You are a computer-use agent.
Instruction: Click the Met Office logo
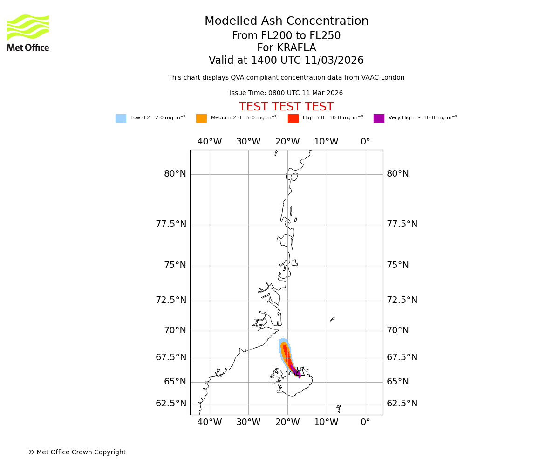pos(28,33)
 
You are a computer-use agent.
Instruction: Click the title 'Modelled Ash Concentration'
pos(286,21)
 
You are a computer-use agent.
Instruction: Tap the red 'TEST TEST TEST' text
pos(286,107)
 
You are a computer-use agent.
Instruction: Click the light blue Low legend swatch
pos(121,118)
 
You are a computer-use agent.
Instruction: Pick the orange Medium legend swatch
pos(201,118)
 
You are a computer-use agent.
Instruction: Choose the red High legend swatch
pos(293,118)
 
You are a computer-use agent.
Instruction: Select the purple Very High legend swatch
pos(379,118)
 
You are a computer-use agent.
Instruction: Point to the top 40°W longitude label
pos(210,142)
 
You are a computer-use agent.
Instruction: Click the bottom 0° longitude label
pos(365,423)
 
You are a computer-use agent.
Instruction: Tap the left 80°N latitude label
pos(175,174)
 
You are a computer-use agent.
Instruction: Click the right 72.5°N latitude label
pos(402,300)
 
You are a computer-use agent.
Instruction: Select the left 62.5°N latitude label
pos(171,404)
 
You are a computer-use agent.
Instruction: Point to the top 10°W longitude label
pos(326,142)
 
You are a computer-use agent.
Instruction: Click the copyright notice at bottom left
pos(77,452)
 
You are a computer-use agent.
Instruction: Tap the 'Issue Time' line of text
pos(286,93)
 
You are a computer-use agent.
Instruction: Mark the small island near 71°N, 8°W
pos(332,319)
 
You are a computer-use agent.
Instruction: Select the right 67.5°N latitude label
pos(402,357)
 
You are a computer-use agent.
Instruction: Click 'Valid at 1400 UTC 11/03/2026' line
pos(286,61)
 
